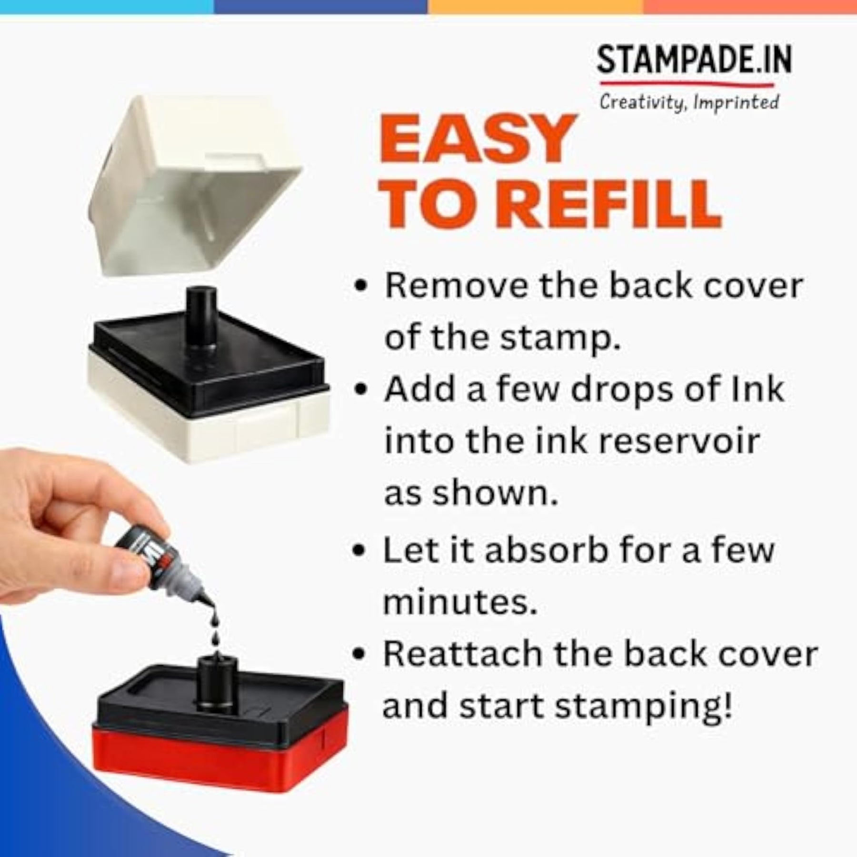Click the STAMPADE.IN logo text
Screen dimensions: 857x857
(x=694, y=60)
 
